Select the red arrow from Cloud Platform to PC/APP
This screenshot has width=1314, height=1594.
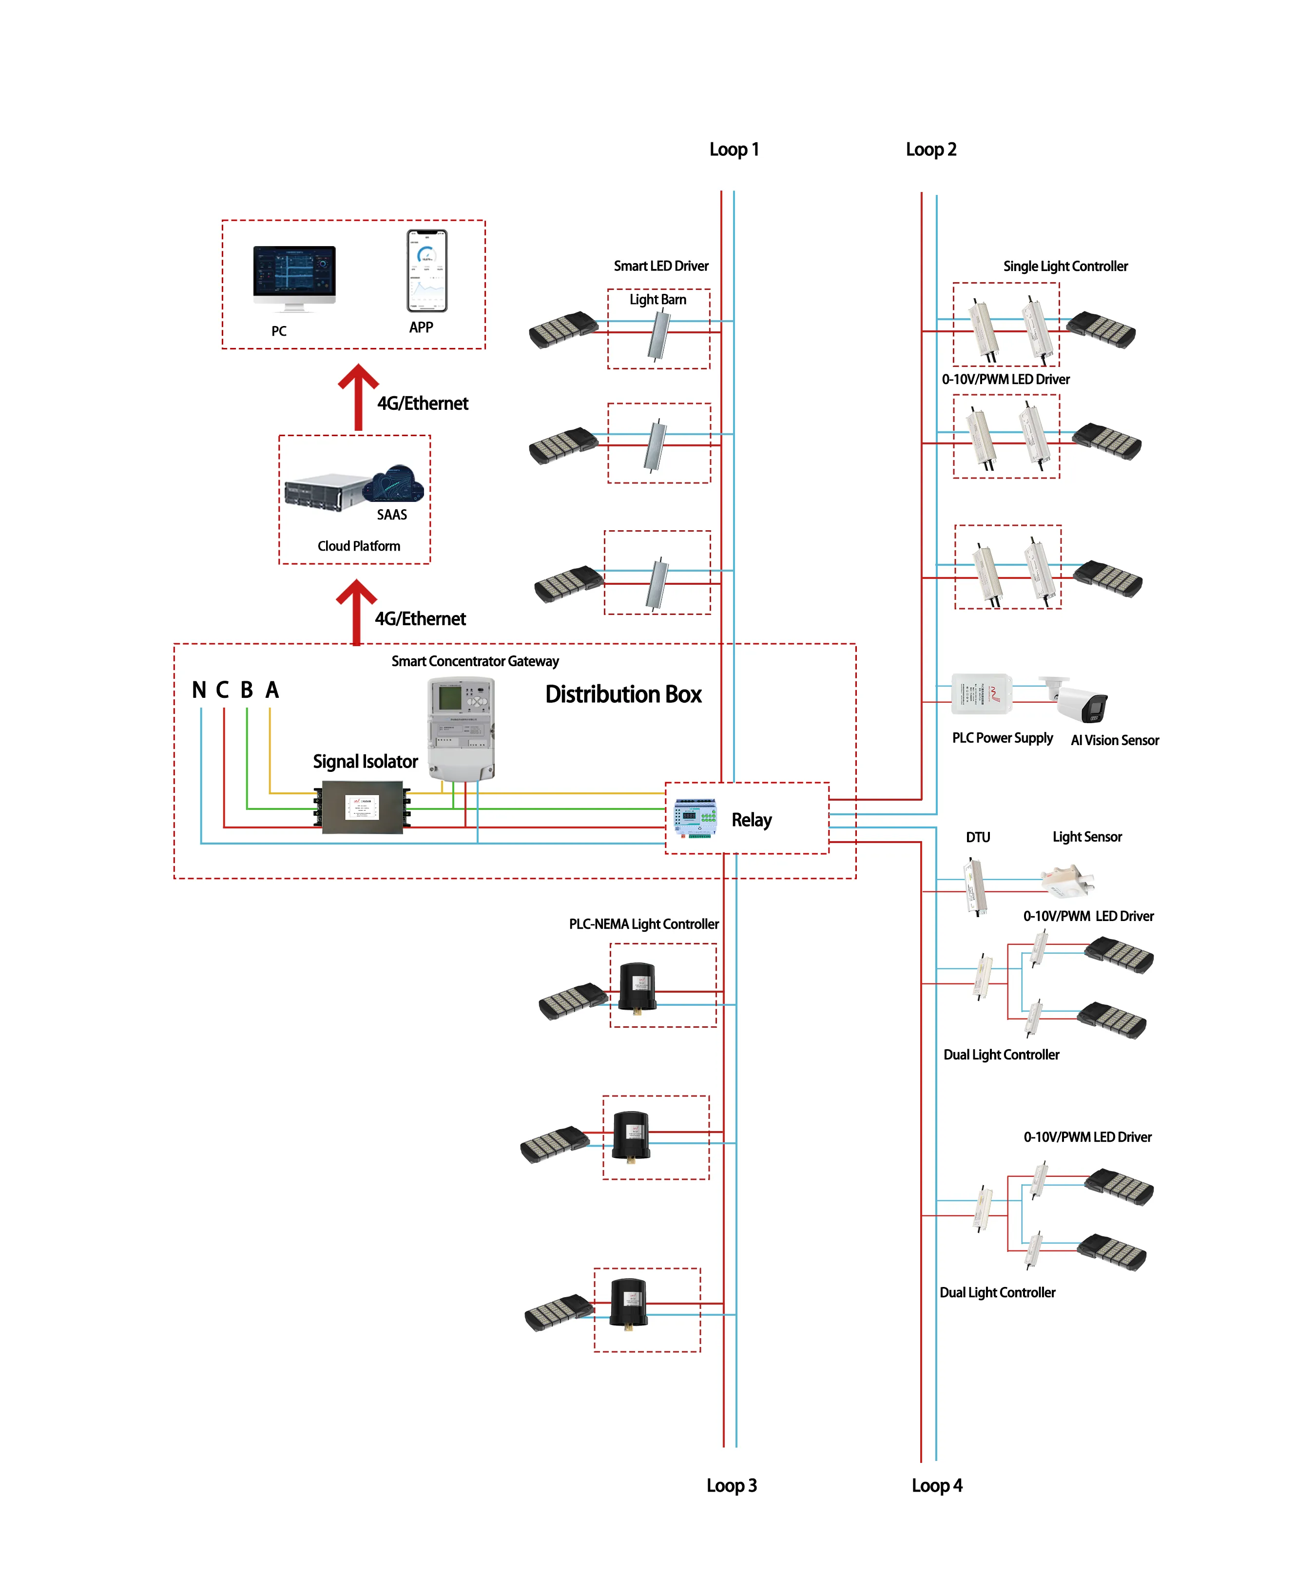[x=358, y=397]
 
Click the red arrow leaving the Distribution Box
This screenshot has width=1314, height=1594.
[x=356, y=612]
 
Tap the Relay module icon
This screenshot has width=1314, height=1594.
[x=696, y=818]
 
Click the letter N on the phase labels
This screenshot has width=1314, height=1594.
[x=199, y=691]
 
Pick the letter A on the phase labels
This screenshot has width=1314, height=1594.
[x=272, y=691]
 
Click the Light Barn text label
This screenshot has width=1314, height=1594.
[x=658, y=300]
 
